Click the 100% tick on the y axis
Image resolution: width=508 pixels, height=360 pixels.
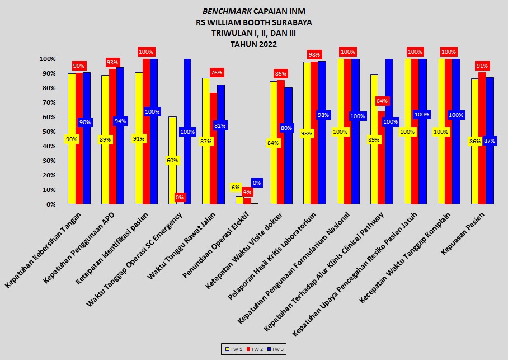click(47, 59)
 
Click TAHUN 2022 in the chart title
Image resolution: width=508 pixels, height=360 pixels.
click(253, 44)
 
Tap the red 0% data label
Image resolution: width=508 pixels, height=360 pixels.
click(180, 197)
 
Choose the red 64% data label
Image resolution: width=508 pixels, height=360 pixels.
click(382, 101)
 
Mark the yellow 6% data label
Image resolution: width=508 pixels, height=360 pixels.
click(236, 187)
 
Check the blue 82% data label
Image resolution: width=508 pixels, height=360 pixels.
click(220, 126)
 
